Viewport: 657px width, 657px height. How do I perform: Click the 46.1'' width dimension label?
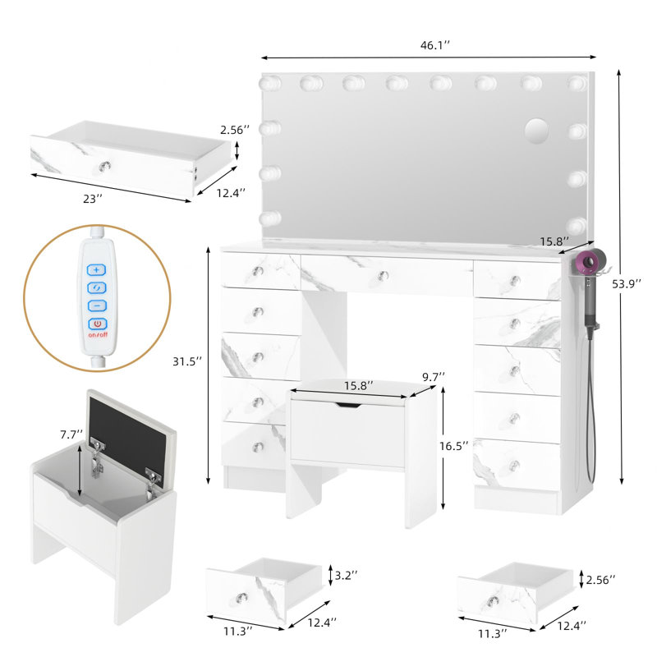434,45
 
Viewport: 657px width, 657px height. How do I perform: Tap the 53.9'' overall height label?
627,283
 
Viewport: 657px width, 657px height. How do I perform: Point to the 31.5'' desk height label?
187,361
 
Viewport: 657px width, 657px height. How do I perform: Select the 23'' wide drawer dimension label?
93,199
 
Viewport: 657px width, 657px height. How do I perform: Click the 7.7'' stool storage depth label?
71,434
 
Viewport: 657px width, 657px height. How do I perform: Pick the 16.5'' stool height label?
453,446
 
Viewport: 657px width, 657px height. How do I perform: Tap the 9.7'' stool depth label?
434,377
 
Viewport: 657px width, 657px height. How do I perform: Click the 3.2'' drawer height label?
346,575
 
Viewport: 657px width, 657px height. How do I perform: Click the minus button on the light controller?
97,306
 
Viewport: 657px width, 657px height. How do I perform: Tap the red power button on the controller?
97,324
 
